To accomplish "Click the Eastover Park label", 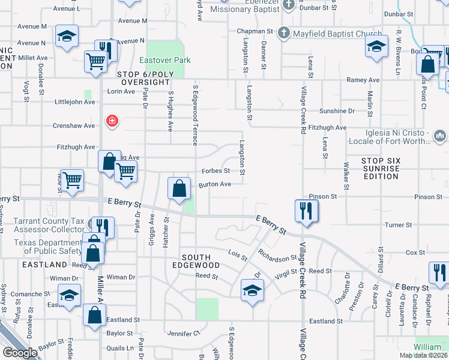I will pos(165,60).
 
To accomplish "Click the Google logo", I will pos(20,353).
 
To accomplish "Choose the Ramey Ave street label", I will pos(363,80).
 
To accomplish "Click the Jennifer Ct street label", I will pos(184,333).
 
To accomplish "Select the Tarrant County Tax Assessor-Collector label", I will pos(49,225).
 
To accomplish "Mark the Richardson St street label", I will pos(277,258).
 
